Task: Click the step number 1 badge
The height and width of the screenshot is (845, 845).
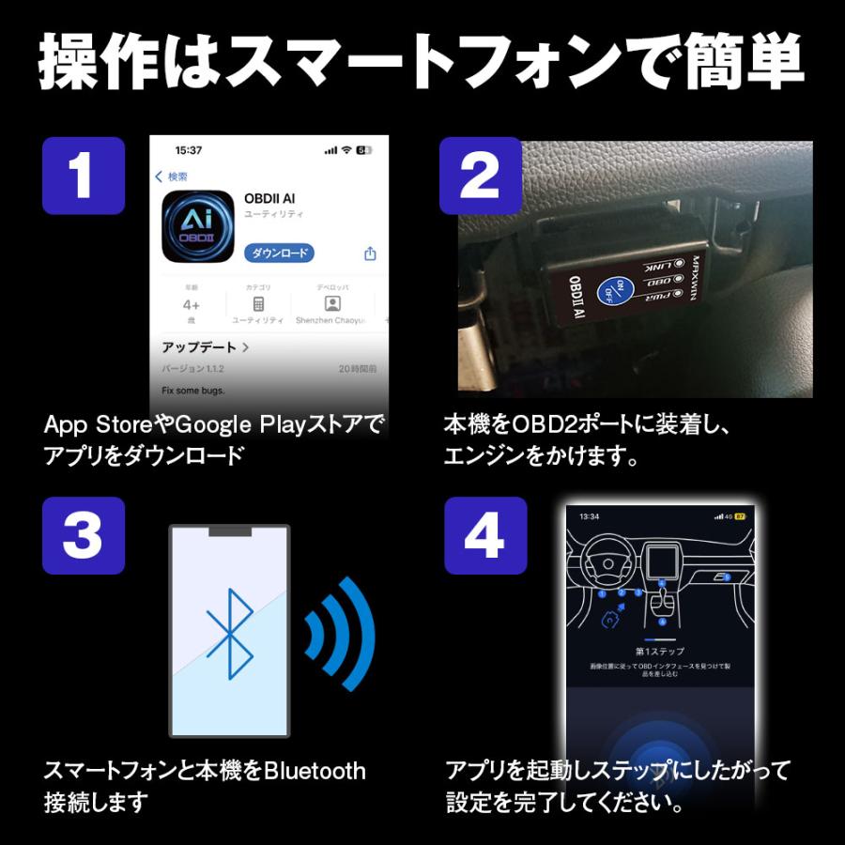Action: click(x=83, y=176)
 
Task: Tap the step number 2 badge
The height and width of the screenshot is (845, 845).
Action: click(x=481, y=176)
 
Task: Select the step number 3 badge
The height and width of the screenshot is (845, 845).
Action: click(x=83, y=535)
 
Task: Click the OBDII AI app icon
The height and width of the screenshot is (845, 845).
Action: click(x=197, y=226)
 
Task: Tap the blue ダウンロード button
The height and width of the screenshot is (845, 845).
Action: click(x=279, y=253)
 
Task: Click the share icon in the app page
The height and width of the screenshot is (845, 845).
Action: click(x=370, y=253)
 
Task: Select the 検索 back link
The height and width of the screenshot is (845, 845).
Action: click(x=172, y=177)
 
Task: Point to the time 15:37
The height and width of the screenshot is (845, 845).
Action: click(x=189, y=150)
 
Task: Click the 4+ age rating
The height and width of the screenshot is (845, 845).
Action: click(x=192, y=305)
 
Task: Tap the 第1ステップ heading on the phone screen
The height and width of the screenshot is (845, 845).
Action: click(x=659, y=651)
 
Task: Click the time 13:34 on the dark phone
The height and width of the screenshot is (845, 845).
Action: click(x=589, y=516)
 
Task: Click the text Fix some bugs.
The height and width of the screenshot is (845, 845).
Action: click(x=193, y=390)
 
